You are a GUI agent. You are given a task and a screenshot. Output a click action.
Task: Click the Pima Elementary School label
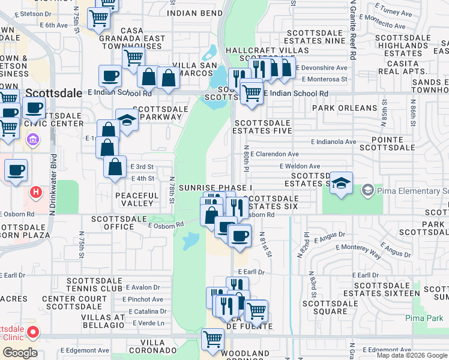point(411,191)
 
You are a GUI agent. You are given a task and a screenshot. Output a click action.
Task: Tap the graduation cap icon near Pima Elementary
point(340,183)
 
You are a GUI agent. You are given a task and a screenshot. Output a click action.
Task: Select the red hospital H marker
point(36,193)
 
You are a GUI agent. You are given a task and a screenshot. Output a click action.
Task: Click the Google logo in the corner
point(19,352)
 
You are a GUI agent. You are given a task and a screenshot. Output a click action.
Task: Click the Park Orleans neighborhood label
point(345,109)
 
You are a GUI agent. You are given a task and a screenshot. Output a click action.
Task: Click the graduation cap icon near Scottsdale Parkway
point(127,119)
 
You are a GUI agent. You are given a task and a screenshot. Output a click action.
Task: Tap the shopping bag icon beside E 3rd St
point(115,167)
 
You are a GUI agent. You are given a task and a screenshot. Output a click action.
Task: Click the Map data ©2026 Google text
point(412,355)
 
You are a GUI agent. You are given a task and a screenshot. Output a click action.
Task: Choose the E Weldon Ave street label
point(300,166)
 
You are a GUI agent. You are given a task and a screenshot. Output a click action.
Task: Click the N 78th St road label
point(172,189)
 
